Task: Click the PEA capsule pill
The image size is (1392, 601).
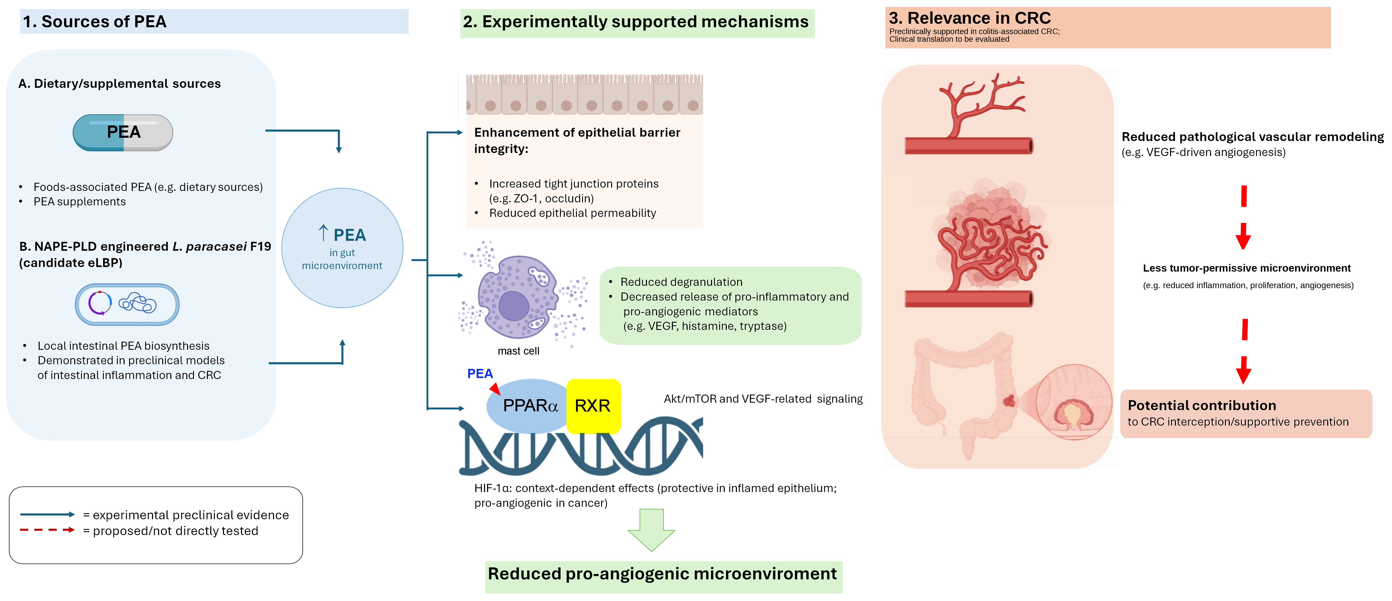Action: coord(123,133)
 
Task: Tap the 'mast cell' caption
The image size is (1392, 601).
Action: coord(518,351)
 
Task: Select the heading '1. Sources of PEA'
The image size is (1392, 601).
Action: coord(95,22)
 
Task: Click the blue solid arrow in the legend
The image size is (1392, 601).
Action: coord(48,514)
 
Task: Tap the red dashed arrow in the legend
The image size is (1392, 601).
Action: coord(48,530)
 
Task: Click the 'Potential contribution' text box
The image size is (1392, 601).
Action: coord(1246,414)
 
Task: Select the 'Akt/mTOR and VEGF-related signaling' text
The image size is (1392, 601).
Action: coord(763,399)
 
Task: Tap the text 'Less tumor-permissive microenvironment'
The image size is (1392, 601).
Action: coord(1247,268)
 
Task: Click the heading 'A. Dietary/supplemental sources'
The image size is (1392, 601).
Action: coord(119,84)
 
